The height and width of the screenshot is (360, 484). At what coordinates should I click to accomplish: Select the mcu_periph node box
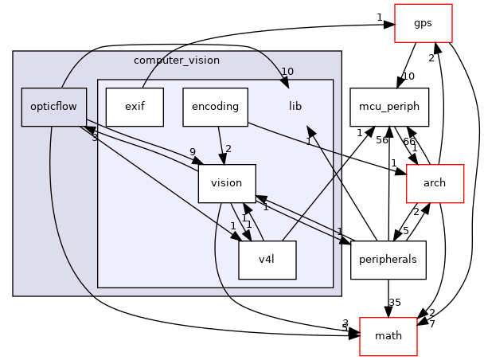(x=390, y=106)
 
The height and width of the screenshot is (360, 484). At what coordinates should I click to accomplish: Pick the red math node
(x=388, y=335)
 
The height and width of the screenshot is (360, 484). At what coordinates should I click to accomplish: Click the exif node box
(x=135, y=106)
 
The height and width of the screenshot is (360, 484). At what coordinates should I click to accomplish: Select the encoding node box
(x=215, y=106)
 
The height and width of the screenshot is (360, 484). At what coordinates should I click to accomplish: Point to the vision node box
(x=226, y=183)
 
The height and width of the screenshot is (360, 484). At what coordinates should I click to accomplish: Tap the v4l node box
(x=267, y=260)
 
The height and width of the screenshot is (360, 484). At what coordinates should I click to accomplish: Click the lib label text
(x=295, y=106)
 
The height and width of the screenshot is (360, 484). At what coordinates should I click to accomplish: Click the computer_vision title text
(x=177, y=61)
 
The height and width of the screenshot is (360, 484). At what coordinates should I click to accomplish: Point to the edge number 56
(x=381, y=139)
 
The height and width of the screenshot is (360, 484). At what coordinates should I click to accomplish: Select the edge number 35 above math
(x=393, y=303)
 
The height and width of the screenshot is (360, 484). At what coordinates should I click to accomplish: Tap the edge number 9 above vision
(x=192, y=151)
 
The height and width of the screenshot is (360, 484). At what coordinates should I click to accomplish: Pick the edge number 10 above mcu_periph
(x=409, y=76)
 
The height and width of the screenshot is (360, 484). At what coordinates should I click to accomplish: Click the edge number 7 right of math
(x=431, y=323)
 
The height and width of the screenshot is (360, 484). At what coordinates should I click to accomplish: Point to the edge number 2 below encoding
(x=228, y=149)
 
